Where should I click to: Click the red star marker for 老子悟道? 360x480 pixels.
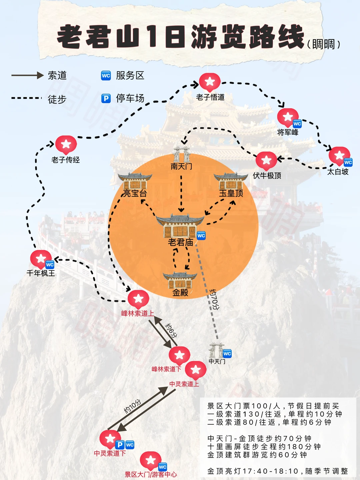[210, 82]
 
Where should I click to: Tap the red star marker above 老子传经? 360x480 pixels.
[66, 145]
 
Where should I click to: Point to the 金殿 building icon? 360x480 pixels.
[180, 280]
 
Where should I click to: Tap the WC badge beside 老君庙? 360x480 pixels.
[201, 236]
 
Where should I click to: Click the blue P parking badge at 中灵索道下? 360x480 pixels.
[120, 445]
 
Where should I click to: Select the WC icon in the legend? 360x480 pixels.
[106, 76]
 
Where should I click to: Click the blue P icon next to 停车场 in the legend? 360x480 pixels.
[106, 99]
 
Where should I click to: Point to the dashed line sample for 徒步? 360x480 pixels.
[27, 98]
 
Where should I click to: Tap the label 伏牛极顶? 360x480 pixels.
[267, 176]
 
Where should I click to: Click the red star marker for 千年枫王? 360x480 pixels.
[41, 259]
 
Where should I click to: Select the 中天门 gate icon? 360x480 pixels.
[216, 350]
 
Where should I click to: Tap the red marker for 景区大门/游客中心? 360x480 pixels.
[151, 460]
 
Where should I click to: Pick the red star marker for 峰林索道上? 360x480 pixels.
[138, 298]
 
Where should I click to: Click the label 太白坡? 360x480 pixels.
[338, 172]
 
